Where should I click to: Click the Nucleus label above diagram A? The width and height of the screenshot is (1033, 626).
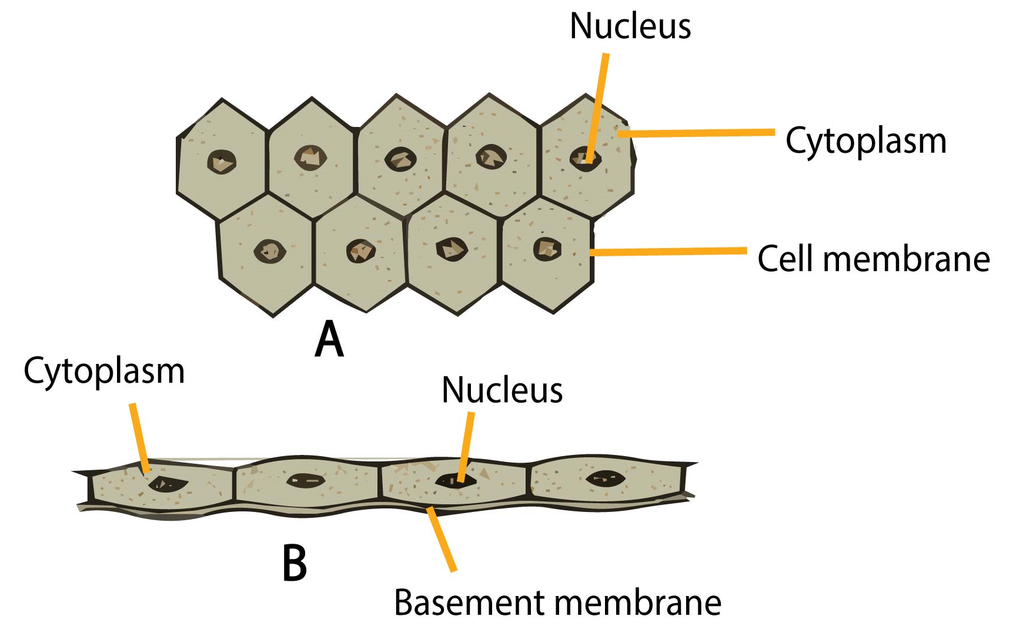(630, 27)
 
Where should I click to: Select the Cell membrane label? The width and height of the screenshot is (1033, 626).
(873, 259)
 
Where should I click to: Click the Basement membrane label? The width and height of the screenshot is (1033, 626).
(557, 603)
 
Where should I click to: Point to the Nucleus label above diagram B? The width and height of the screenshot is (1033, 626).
(502, 390)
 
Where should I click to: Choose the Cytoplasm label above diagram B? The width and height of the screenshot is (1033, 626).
(104, 371)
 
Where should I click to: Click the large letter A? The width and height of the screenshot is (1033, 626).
(329, 340)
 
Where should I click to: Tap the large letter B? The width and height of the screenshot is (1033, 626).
(295, 563)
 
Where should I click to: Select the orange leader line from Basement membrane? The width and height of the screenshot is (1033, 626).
(442, 540)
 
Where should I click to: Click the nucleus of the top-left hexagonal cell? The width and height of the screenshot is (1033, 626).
(222, 162)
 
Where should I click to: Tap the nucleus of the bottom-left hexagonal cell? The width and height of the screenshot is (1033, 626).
(270, 252)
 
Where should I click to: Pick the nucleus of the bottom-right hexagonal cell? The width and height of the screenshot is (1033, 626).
(547, 249)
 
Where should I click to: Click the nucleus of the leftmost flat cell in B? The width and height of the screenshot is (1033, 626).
(167, 484)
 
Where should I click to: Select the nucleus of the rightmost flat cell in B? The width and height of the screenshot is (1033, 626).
(606, 478)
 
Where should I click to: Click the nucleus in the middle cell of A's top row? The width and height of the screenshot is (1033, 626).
(400, 159)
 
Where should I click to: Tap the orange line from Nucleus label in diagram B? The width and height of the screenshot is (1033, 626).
(465, 447)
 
